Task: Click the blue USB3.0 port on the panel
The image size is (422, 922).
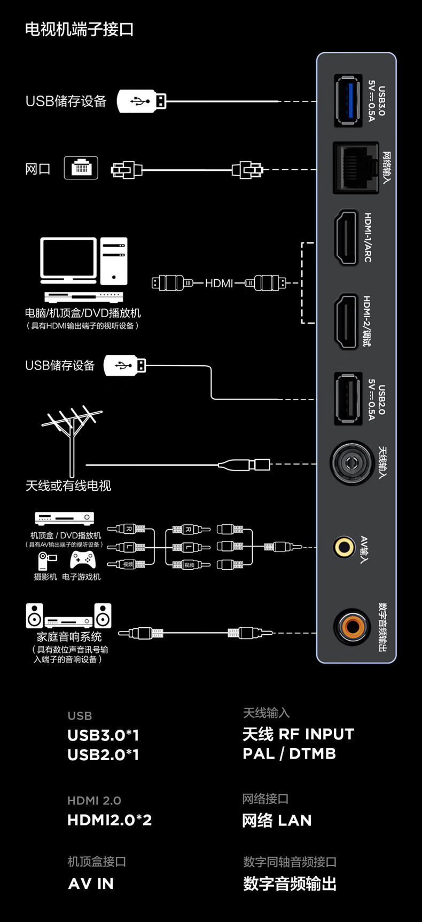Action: point(348,101)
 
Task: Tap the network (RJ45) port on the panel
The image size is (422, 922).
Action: point(355,168)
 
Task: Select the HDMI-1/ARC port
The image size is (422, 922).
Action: point(346,238)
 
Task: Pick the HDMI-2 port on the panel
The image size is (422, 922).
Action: point(346,321)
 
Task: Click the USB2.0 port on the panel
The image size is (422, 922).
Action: point(348,399)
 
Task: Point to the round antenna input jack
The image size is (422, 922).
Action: point(351,463)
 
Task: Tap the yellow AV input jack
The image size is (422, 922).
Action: point(344,547)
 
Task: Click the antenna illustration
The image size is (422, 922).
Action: point(71,438)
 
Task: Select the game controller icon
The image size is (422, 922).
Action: point(83,560)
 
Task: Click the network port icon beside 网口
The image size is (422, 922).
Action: point(81,168)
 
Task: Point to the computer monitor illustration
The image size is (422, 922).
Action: point(68,260)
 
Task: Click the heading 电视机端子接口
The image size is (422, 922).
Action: point(79,29)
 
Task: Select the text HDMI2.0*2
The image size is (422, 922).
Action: point(110,820)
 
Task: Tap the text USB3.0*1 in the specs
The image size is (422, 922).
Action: point(103,735)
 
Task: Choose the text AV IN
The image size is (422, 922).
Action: point(91,884)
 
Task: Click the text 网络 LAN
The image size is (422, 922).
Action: point(277,820)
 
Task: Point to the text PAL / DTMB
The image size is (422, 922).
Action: point(290,754)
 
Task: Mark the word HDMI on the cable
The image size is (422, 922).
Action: point(219,283)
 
